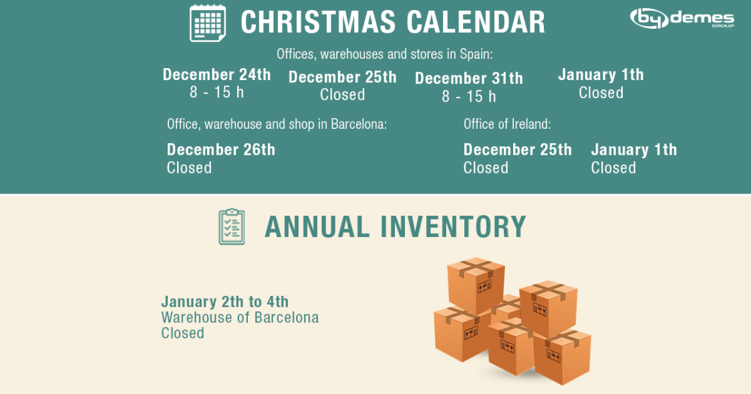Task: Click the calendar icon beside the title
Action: (x=208, y=23)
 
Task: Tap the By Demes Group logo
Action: (x=682, y=18)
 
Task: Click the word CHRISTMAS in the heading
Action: (x=318, y=22)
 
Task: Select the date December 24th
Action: (x=216, y=75)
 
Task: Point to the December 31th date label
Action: (x=469, y=79)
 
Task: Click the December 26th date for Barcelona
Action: (x=220, y=150)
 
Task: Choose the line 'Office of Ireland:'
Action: (x=507, y=124)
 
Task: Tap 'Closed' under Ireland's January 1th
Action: (x=613, y=168)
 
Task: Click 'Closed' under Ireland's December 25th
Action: (x=486, y=168)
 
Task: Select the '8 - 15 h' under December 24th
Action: (x=216, y=92)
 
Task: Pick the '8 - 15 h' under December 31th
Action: (x=469, y=97)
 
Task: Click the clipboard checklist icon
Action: (x=232, y=226)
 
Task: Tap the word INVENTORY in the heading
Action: (x=453, y=227)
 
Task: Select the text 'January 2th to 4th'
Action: (x=224, y=302)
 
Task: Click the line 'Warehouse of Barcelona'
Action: (x=240, y=317)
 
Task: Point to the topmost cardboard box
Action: (x=476, y=285)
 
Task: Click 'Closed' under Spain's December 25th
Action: (x=343, y=95)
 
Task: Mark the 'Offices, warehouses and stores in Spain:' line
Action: (x=385, y=54)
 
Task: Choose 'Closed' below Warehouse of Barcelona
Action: (x=182, y=333)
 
